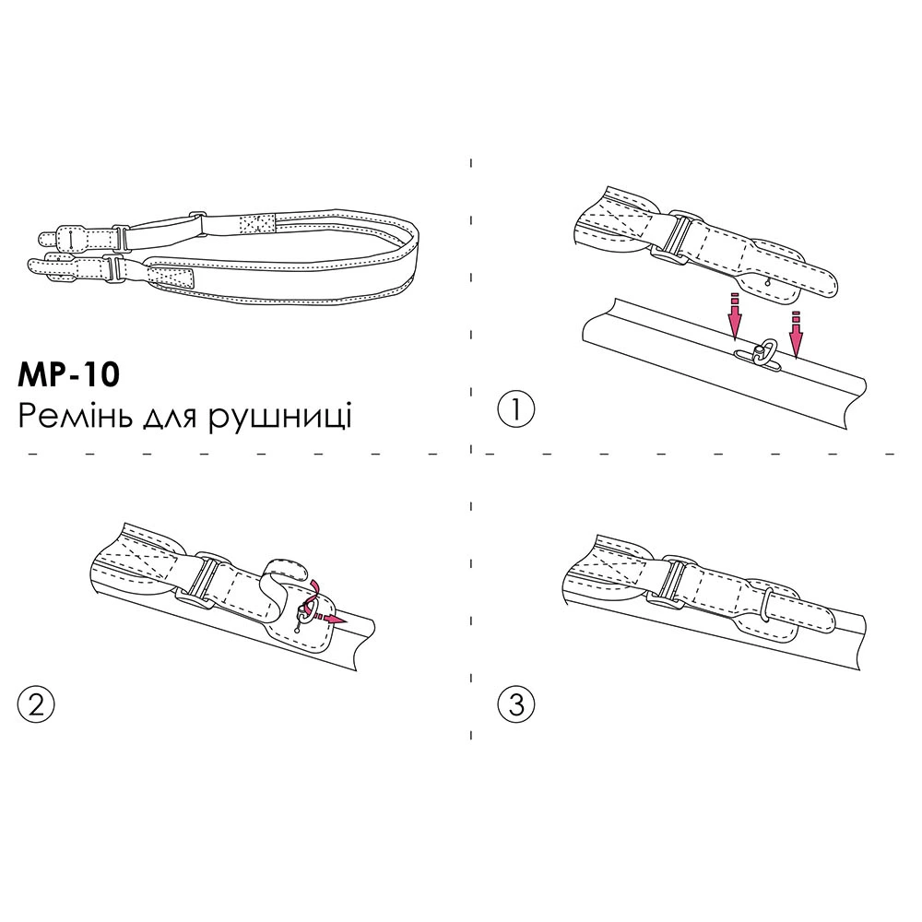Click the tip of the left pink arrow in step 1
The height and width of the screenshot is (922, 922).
[x=735, y=340]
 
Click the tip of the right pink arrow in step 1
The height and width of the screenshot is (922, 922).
[x=797, y=358]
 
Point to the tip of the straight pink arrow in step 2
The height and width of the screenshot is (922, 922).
[x=346, y=620]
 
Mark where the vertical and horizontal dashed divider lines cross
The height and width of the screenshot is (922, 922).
[x=471, y=454]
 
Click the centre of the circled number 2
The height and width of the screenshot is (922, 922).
[x=36, y=704]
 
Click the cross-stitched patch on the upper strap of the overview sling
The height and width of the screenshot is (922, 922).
[x=257, y=223]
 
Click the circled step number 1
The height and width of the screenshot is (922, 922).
[x=515, y=410]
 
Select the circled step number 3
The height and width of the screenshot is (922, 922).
[x=515, y=704]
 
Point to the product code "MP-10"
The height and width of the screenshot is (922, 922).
[x=69, y=376]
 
